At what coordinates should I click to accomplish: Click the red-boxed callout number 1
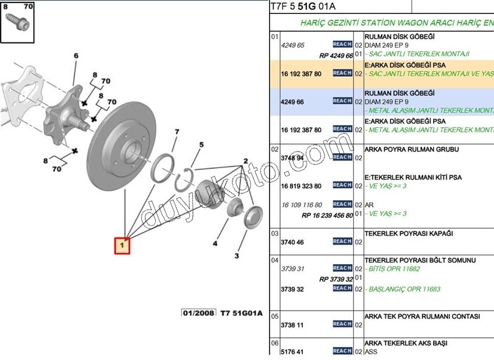pyautogui.click(x=122, y=246)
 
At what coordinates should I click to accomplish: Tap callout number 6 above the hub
pyautogui.click(x=76, y=56)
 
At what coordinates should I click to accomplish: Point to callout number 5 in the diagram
pyautogui.click(x=201, y=145)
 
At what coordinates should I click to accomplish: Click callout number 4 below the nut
pyautogui.click(x=215, y=244)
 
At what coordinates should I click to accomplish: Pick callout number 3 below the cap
pyautogui.click(x=237, y=255)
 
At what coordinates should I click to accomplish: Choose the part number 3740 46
pyautogui.click(x=292, y=242)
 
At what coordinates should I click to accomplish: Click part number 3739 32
pyautogui.click(x=292, y=289)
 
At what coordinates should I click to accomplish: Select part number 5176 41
pyautogui.click(x=292, y=351)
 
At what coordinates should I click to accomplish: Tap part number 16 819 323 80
pyautogui.click(x=300, y=186)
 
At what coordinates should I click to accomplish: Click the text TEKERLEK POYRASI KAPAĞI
pyautogui.click(x=409, y=234)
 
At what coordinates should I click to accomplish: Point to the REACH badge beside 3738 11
pyautogui.click(x=342, y=324)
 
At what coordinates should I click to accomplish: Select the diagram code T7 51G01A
pyautogui.click(x=241, y=314)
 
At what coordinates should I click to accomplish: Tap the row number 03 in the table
pyautogui.click(x=275, y=233)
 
